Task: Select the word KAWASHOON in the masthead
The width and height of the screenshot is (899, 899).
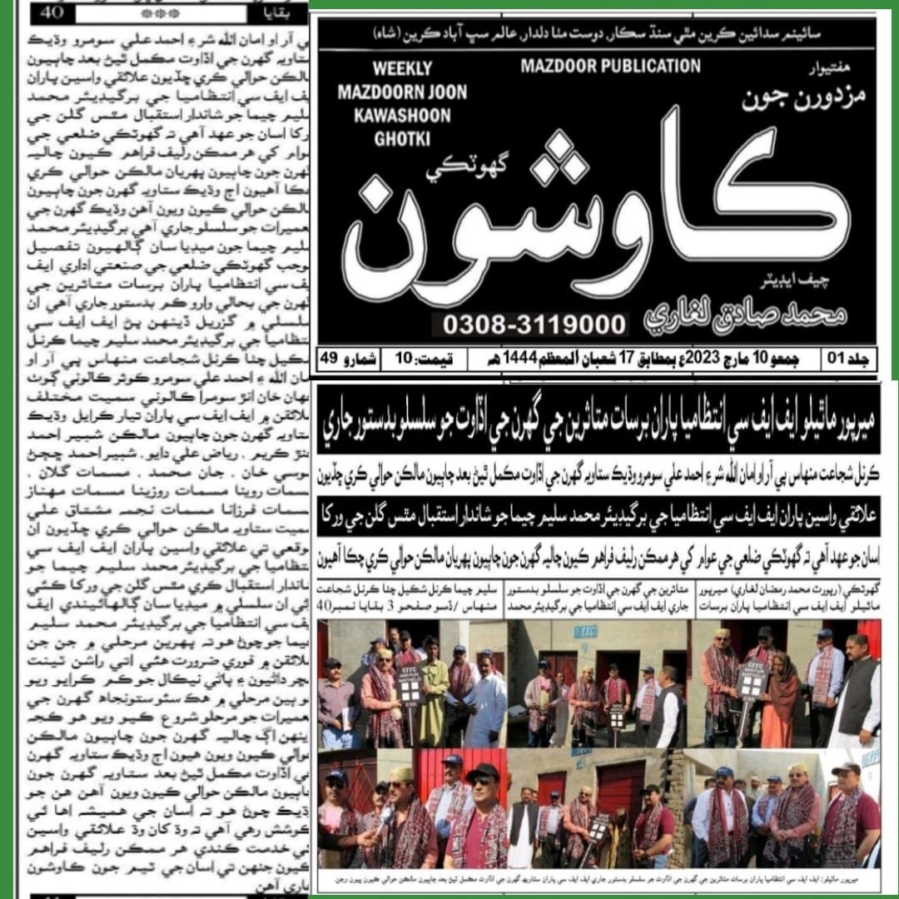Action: tap(395, 114)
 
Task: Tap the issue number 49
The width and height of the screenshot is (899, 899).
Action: tap(327, 359)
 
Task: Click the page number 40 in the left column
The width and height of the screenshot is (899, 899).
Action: tap(53, 13)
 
